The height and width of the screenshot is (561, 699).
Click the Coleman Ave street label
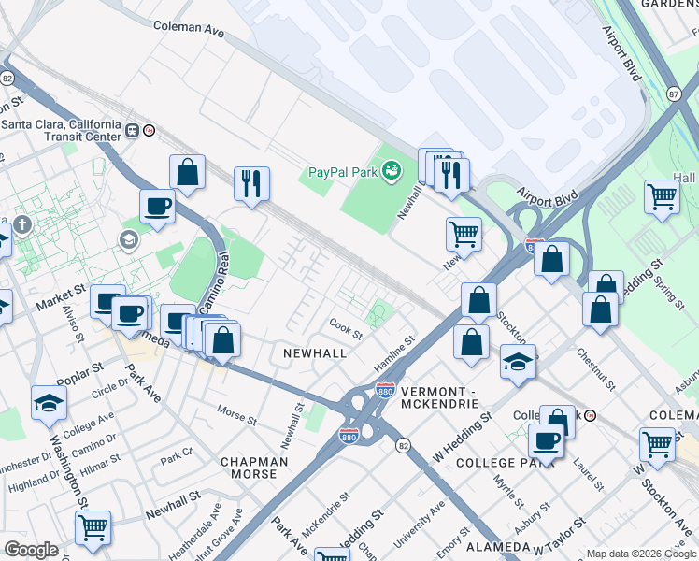pos(189,28)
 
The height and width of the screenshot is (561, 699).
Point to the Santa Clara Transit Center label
pos(61,130)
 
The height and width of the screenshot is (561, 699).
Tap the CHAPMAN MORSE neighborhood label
pos(249,467)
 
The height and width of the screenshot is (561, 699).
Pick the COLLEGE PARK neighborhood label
pos(499,463)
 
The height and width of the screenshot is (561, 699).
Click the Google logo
pos(31,550)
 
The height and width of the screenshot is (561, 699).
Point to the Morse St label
pos(236,414)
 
